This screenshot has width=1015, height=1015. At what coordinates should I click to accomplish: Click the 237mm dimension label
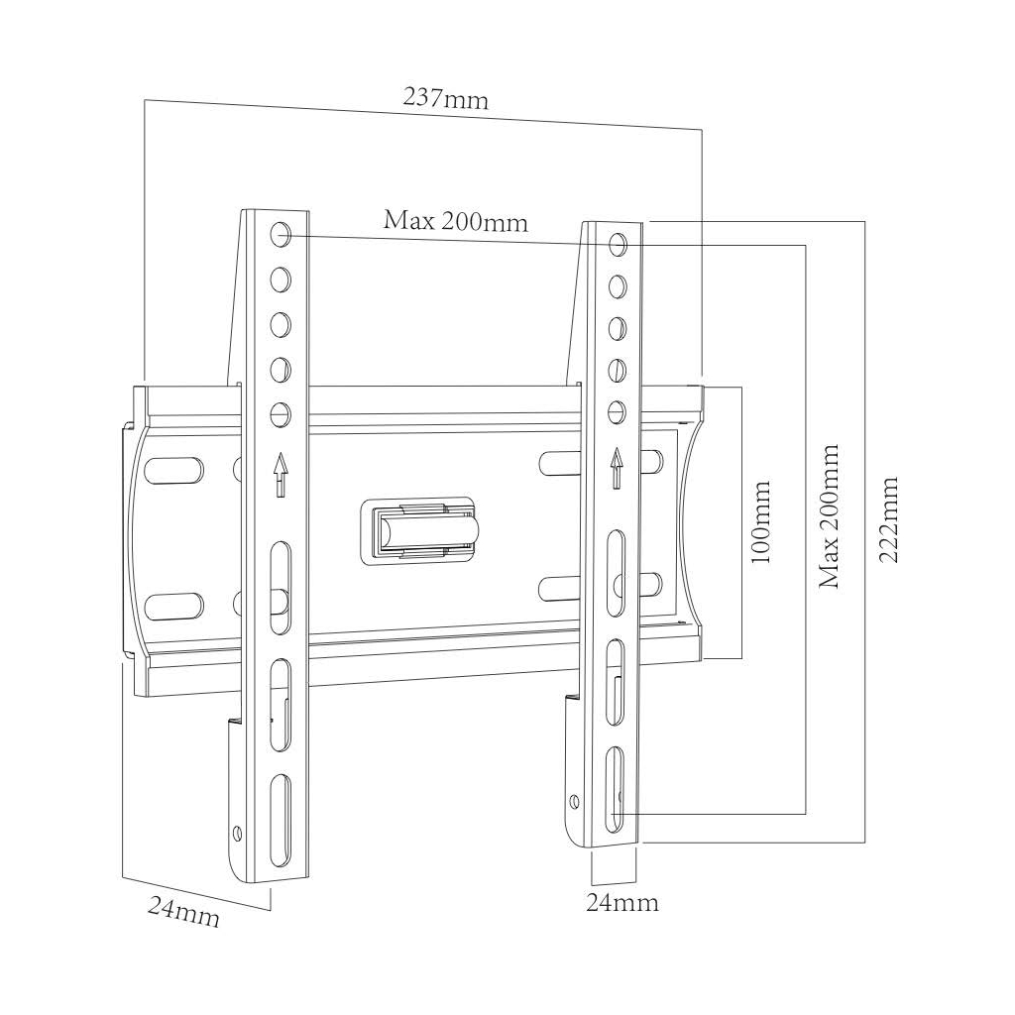(445, 99)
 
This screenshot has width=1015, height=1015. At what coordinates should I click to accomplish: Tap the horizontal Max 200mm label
(456, 220)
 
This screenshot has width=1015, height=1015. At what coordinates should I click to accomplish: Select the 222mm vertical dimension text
(889, 519)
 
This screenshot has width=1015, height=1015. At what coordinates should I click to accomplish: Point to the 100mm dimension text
(761, 522)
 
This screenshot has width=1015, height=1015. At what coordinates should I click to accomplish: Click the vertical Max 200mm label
(829, 515)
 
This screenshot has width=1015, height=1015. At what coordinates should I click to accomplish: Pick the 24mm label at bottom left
(184, 910)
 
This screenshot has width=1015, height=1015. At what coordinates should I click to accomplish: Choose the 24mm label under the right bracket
(621, 903)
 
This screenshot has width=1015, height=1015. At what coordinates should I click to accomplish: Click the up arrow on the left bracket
(281, 473)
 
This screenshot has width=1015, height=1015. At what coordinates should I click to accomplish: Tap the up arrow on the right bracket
(617, 467)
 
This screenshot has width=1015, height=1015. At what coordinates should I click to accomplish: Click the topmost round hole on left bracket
(280, 235)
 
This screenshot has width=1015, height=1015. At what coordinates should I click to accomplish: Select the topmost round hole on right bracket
(618, 243)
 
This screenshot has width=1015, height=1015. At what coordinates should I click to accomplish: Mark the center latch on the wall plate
(422, 530)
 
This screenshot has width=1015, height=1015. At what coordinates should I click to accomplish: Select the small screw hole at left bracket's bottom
(237, 833)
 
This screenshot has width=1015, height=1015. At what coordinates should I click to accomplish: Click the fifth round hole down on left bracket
(280, 412)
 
